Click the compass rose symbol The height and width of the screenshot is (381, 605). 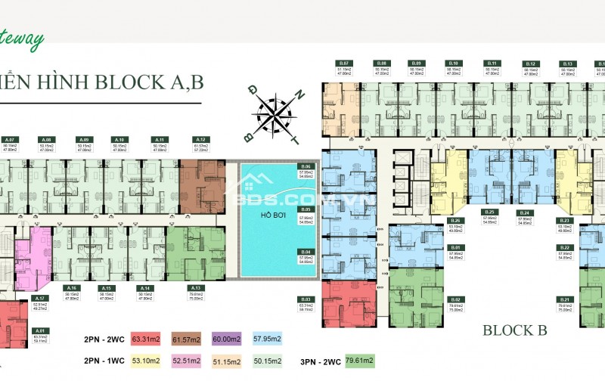coord(275,113)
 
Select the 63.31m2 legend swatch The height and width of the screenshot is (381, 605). coord(146,339)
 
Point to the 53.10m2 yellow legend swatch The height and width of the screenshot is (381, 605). coord(146,361)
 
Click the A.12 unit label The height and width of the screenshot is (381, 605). coord(200,140)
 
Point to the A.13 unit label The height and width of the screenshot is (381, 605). coord(196,288)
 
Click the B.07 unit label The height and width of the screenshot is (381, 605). coord(343,63)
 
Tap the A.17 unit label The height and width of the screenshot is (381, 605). coord(42,298)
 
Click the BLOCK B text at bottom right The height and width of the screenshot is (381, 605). coord(515,330)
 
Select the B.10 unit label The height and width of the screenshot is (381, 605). coord(454,63)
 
